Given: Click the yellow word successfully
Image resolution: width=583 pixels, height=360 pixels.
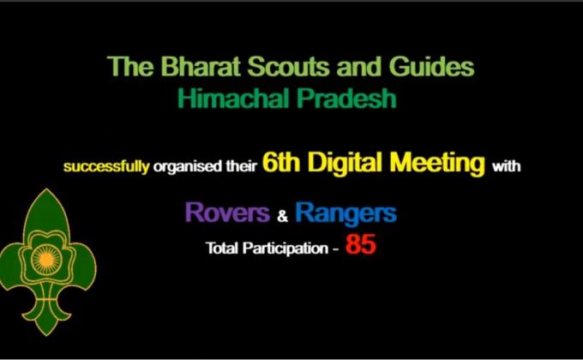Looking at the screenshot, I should pyautogui.click(x=106, y=167).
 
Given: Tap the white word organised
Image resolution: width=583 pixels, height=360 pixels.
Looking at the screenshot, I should pyautogui.click(x=185, y=167).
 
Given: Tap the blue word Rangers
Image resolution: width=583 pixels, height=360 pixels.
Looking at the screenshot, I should pyautogui.click(x=346, y=213).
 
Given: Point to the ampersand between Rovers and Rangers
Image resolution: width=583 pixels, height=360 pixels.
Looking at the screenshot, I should pyautogui.click(x=282, y=216).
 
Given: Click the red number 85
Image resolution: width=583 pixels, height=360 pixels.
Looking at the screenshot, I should pyautogui.click(x=361, y=247).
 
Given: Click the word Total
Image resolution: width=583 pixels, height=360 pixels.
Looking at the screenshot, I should pyautogui.click(x=221, y=249).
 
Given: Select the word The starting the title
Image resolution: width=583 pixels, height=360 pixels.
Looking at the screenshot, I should pyautogui.click(x=126, y=67).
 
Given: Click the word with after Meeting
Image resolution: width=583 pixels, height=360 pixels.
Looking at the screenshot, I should pyautogui.click(x=506, y=167).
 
